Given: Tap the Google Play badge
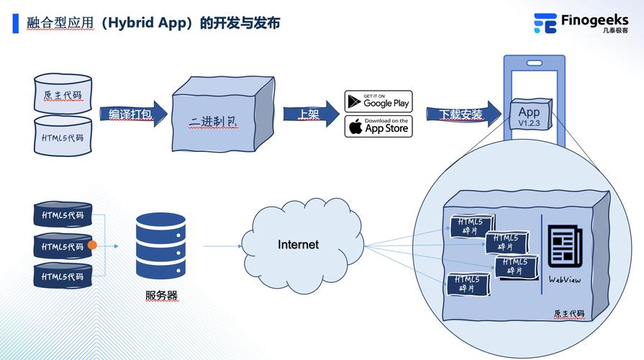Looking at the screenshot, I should (378, 100).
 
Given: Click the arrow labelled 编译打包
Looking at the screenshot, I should (132, 114).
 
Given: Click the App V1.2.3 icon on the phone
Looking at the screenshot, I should (529, 116).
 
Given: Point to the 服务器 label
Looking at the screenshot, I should (161, 295).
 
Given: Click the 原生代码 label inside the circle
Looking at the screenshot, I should (568, 314).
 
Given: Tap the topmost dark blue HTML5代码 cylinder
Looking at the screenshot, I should (63, 215).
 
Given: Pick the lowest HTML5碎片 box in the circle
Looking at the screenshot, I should (468, 284).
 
